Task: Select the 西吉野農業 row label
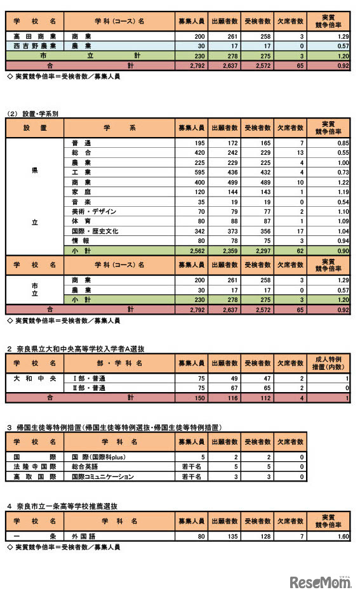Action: point(35,46)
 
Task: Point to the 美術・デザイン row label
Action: point(95,211)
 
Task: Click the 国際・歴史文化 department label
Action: point(96,231)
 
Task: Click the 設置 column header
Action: point(35,128)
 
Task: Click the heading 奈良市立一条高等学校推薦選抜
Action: point(66,506)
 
